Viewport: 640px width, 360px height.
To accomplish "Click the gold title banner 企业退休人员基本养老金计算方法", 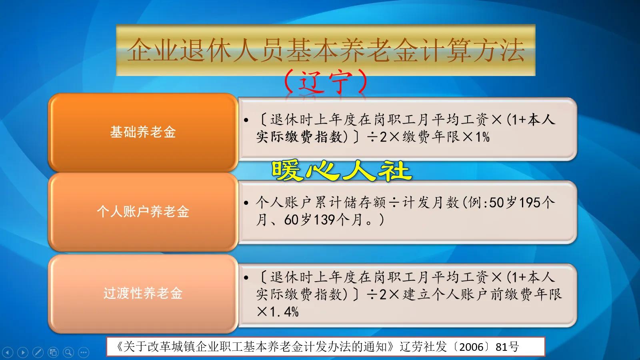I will [x=326, y=50].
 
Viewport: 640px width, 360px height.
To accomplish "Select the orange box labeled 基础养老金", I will [x=143, y=132].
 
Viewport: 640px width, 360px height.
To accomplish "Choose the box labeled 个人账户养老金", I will [x=143, y=212].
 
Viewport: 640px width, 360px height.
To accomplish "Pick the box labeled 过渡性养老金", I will [x=143, y=293].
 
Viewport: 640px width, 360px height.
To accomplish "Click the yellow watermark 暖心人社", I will [x=341, y=171].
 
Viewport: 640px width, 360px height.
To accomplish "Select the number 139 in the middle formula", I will [x=324, y=220].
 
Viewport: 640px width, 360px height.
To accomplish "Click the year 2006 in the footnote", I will [x=471, y=346].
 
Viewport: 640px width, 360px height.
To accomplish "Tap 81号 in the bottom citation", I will [x=507, y=346].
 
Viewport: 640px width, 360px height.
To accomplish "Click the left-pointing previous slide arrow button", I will [x=8, y=352].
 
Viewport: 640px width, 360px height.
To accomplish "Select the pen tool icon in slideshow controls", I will [x=38, y=352].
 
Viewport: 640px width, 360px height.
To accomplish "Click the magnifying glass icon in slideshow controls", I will [x=68, y=352].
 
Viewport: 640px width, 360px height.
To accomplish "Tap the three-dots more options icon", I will [x=83, y=352].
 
